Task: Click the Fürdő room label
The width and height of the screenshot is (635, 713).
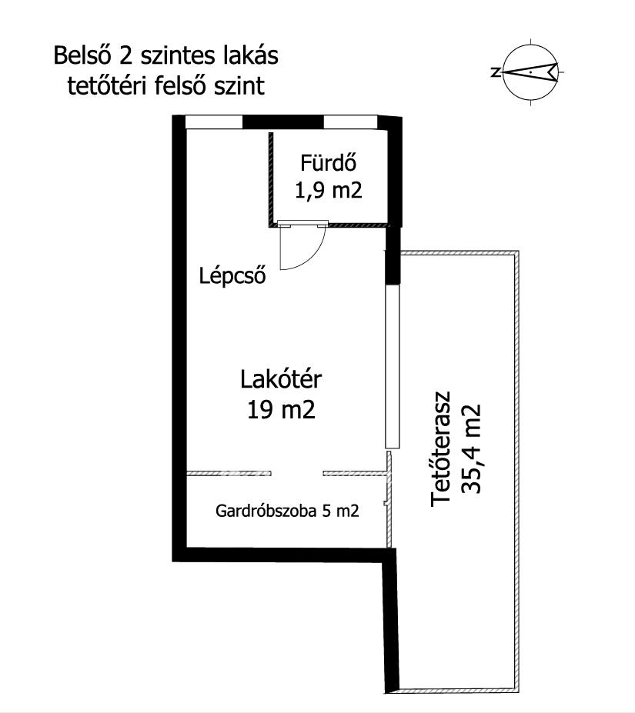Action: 328,162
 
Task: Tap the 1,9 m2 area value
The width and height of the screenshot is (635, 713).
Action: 329,190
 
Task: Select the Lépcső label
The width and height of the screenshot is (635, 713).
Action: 232,276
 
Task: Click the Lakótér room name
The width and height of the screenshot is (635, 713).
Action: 281,379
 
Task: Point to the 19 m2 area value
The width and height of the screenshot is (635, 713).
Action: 281,410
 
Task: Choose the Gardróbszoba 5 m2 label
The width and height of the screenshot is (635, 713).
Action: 287,511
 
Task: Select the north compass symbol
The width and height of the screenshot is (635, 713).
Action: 531,72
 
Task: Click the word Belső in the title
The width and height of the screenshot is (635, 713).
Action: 82,56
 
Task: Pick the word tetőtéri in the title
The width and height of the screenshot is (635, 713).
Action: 108,85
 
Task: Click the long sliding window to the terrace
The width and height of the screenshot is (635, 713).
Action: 392,367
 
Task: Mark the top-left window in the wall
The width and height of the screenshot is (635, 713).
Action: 214,122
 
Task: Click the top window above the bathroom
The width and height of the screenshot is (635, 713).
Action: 350,122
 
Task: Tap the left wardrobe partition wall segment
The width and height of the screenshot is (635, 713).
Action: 229,473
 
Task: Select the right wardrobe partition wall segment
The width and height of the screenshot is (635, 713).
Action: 355,473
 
